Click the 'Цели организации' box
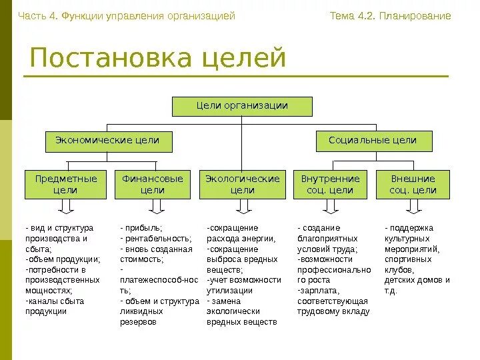[242, 107]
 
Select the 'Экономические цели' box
[107, 141]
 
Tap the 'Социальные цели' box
[373, 141]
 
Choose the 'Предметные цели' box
[65, 185]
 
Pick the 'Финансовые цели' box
[153, 185]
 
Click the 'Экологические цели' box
[242, 185]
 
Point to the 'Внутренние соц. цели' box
[330, 185]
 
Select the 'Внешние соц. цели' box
[413, 185]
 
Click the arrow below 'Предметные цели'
[65, 208]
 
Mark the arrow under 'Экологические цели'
[243, 208]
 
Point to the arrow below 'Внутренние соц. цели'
[331, 208]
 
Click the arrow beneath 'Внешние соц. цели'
[413, 208]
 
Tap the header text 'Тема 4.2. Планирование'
[390, 16]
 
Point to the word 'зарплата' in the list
[321, 291]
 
